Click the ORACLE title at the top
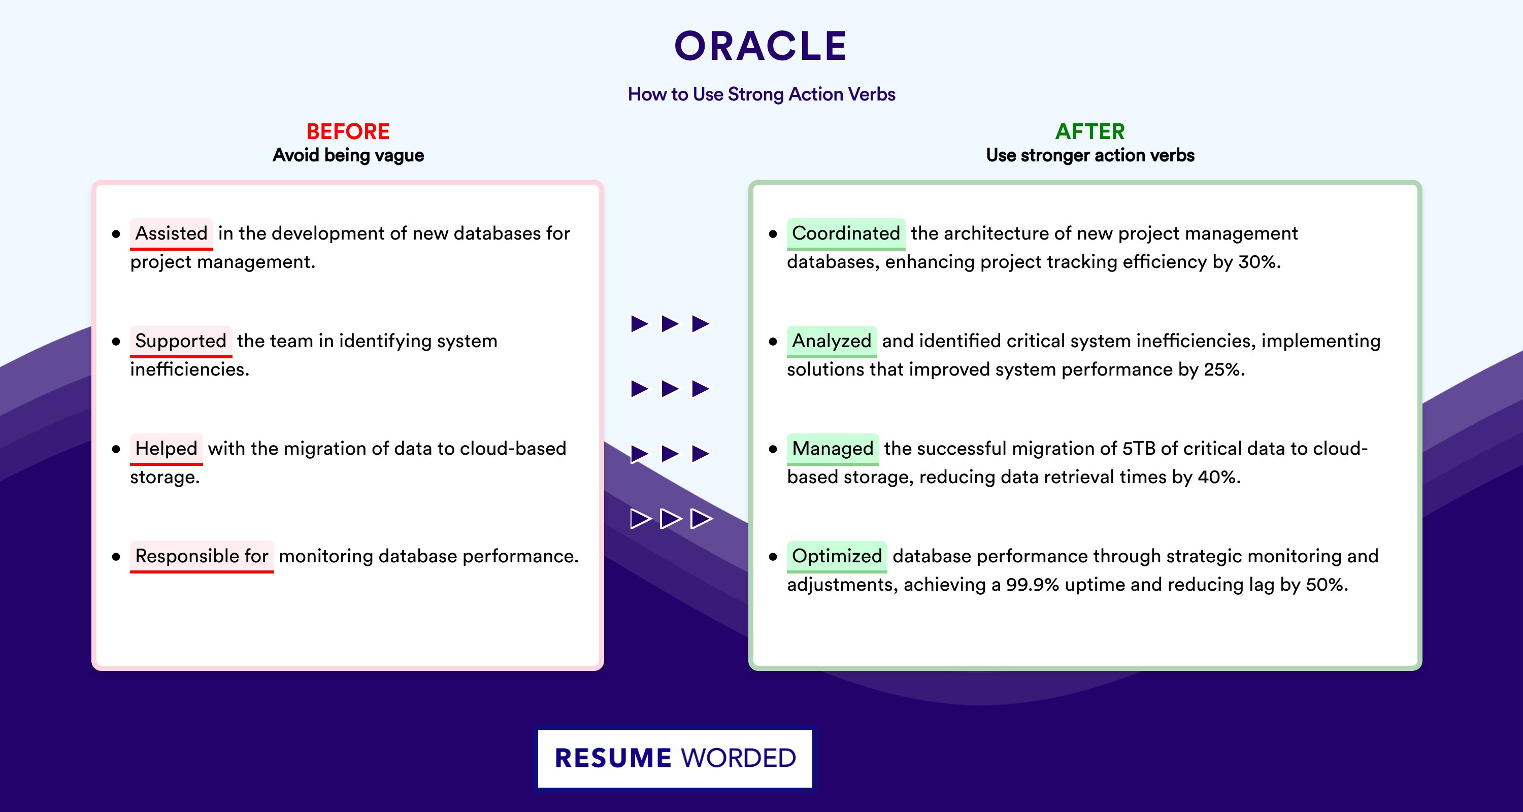[761, 46]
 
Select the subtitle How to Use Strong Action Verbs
[762, 94]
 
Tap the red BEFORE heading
[348, 131]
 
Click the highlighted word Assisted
[172, 233]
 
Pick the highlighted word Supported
[181, 341]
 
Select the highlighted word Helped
[166, 449]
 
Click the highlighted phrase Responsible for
[202, 556]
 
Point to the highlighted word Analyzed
[832, 341]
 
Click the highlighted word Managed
[833, 449]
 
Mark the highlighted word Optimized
[837, 556]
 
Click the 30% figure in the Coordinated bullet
[1260, 262]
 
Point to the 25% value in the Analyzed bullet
[1224, 369]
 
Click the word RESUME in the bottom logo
[613, 758]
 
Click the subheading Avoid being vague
[348, 155]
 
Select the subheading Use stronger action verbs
[1090, 155]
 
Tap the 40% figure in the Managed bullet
[1219, 477]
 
